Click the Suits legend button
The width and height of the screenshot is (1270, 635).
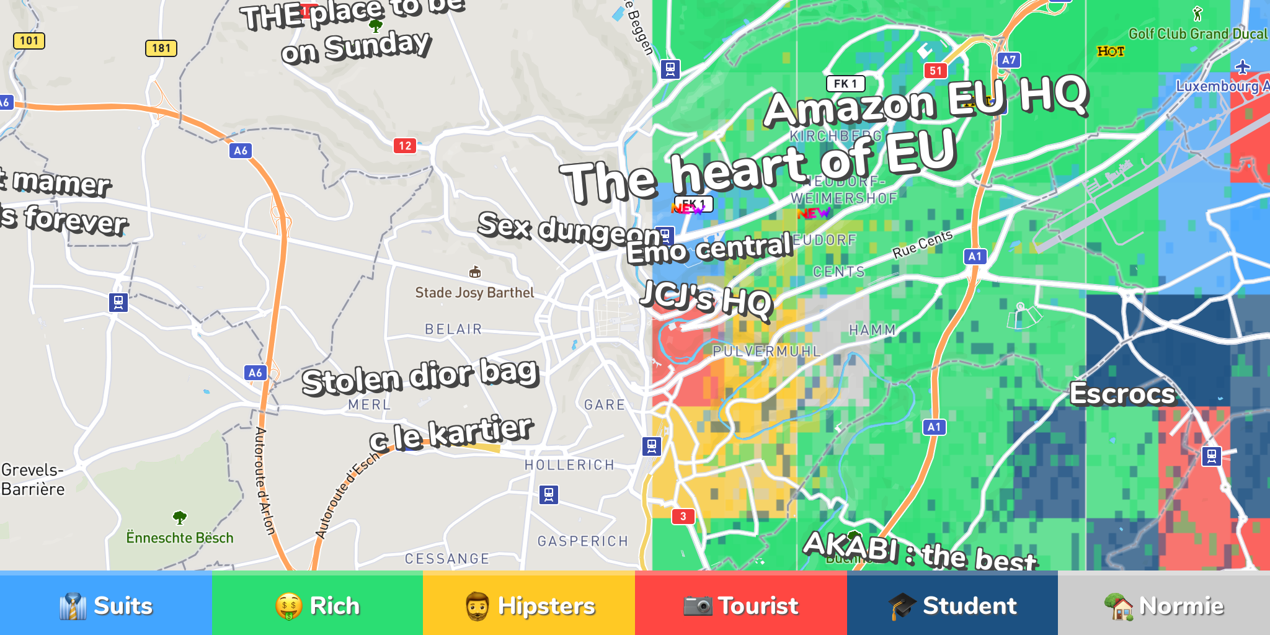[x=105, y=605]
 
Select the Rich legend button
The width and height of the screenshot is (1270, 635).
[x=317, y=605]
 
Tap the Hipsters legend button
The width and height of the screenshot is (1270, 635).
[x=529, y=605]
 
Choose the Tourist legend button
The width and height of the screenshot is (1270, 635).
[x=740, y=605]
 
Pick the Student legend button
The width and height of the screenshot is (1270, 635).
[x=952, y=605]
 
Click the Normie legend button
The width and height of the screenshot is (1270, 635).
[x=1164, y=605]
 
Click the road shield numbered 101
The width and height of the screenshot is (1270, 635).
[x=29, y=41]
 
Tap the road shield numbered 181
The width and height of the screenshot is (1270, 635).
[x=161, y=48]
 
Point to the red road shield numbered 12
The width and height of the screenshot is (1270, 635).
[x=405, y=146]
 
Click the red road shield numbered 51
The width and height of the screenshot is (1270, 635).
[x=936, y=71]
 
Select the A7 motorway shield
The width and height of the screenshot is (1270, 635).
[x=1009, y=60]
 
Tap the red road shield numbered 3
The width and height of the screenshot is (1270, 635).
[x=683, y=516]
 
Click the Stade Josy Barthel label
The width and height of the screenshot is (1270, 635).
[x=474, y=293]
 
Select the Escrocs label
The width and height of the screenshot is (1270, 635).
[x=1122, y=394]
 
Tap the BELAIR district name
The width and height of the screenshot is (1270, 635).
[x=453, y=329]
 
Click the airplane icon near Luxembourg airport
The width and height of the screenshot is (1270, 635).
[x=1242, y=67]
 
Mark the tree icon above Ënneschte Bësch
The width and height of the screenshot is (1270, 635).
[x=180, y=517]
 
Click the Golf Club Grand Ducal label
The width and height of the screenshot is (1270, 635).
[x=1198, y=34]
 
